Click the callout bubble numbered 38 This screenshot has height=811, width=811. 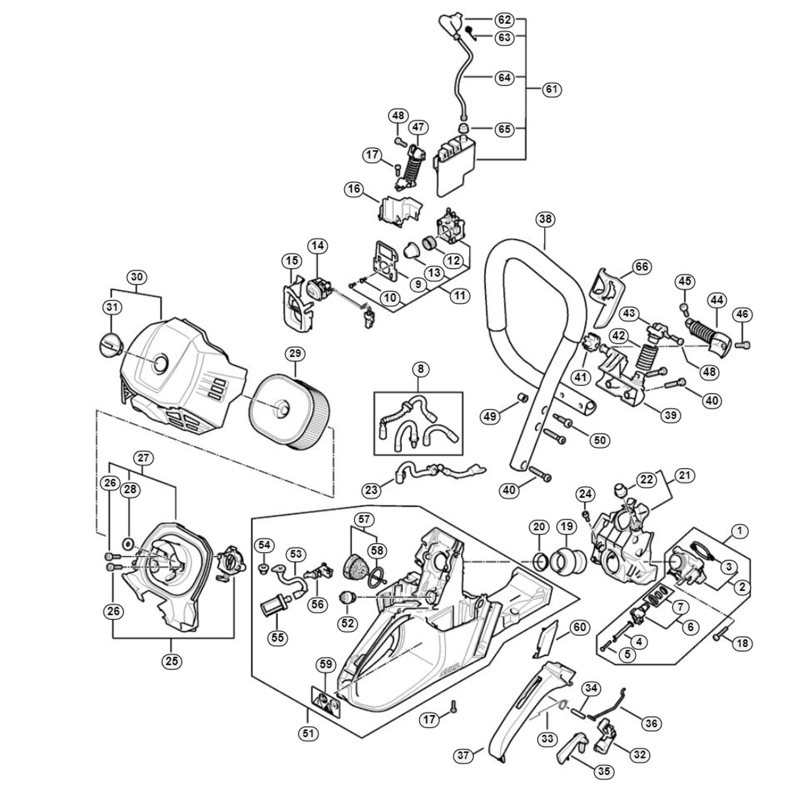[545, 219]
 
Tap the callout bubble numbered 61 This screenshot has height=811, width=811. [552, 89]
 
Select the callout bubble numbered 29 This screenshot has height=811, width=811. [295, 354]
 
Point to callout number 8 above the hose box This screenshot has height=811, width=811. [421, 369]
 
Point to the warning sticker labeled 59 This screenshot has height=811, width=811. [326, 701]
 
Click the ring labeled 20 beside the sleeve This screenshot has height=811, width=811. [540, 562]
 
